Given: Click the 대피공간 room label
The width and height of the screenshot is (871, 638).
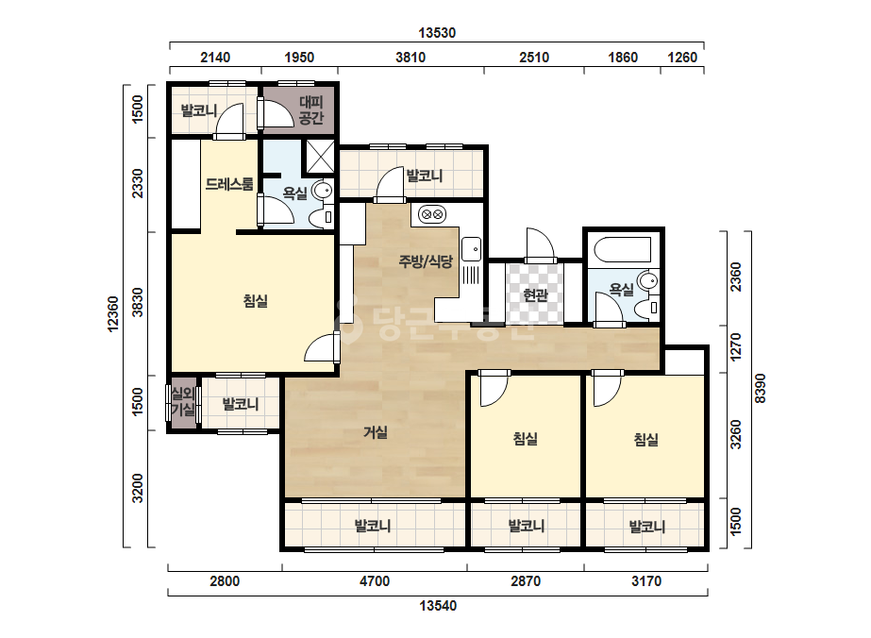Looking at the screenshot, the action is tap(311, 110).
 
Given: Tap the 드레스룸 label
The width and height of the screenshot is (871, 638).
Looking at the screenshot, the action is tap(229, 184).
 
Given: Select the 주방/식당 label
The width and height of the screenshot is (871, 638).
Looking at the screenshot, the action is tap(426, 261).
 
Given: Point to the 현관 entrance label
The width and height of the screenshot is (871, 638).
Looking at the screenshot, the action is tap(535, 294).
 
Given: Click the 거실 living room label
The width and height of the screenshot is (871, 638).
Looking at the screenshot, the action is tap(376, 432).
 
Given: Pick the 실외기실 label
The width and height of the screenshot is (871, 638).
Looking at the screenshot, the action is tap(183, 402).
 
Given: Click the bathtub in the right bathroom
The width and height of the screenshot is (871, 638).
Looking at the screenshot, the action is tap(622, 249).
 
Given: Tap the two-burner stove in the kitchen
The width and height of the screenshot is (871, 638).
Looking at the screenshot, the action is tap(432, 214).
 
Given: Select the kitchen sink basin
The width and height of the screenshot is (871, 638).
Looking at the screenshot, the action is tap(472, 249).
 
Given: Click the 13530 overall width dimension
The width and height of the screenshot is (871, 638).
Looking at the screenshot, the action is tap(437, 33).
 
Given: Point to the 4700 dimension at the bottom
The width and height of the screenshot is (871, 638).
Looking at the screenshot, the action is tap(375, 581).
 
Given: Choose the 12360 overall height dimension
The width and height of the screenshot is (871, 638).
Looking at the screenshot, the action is tap(112, 314).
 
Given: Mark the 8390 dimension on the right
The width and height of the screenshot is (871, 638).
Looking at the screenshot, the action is tap(760, 389).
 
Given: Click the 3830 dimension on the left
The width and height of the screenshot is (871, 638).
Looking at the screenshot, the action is tap(137, 303).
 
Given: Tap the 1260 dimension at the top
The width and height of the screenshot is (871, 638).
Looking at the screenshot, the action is tap(681, 58).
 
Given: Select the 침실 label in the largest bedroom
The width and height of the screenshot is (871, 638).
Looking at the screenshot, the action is tap(256, 301).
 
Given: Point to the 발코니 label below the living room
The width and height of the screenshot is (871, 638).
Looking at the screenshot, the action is tap(373, 526).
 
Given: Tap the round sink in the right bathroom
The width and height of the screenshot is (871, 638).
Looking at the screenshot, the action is tap(647, 280).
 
